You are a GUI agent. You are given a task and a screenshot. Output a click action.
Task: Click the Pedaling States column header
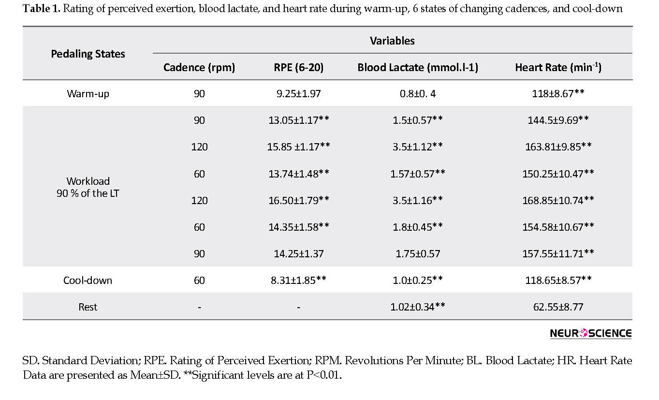coord(88,54)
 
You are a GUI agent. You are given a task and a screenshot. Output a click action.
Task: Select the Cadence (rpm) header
coord(199,67)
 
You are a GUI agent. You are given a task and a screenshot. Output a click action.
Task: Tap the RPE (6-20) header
coord(299,67)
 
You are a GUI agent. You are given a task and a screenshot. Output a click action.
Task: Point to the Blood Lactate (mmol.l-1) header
coord(418,67)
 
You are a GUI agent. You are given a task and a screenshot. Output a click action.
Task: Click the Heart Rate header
coord(558,67)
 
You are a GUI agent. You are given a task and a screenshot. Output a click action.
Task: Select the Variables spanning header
coord(392,41)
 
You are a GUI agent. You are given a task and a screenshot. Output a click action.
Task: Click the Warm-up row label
coord(88,94)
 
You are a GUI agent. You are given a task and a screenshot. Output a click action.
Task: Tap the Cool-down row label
coord(88,280)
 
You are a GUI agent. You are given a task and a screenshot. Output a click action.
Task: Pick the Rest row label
coord(88,307)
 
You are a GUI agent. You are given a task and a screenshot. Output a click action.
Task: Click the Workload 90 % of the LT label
coord(88,187)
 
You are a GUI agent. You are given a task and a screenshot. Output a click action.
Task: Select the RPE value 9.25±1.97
coord(299,94)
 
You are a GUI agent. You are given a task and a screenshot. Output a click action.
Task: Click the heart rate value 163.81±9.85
coord(558,146)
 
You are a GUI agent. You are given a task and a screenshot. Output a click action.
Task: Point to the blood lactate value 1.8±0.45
coord(418,227)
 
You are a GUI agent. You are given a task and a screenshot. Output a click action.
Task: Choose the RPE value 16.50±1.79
coord(299,200)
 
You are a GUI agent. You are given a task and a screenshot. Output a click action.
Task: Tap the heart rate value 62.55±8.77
coord(558,307)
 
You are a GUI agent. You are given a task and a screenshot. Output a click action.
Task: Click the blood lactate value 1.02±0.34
coord(418,307)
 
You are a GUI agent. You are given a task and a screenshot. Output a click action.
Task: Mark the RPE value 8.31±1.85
coord(299,280)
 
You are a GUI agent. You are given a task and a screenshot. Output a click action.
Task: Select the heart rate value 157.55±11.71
coord(558,253)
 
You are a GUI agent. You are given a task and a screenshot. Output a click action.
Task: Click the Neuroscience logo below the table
coord(591,333)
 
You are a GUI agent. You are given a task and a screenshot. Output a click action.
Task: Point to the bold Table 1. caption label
coord(42,9)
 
